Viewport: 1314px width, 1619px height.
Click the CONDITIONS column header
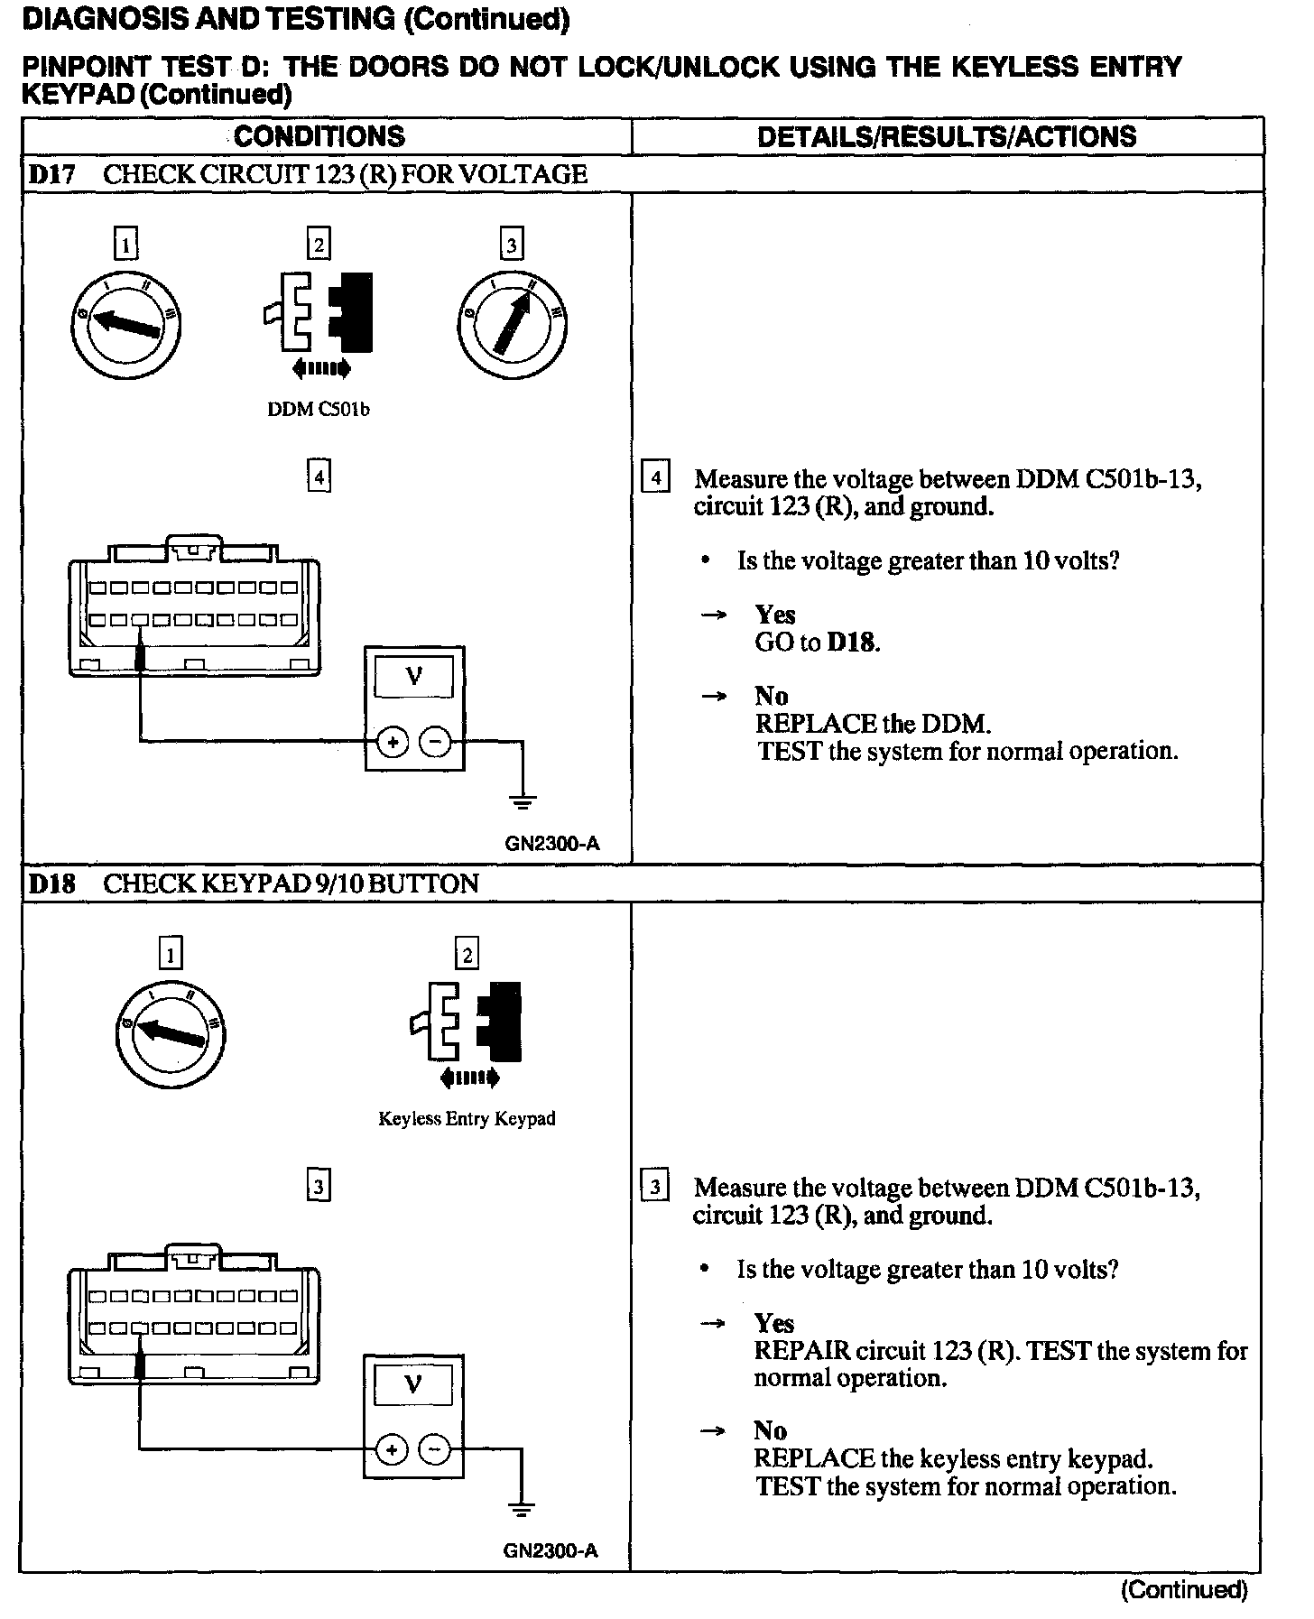319,136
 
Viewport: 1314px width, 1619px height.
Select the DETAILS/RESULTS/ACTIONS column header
947,136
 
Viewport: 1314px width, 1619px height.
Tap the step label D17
51,174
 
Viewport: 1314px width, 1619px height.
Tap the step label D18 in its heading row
51,884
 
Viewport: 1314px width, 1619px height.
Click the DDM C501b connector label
319,409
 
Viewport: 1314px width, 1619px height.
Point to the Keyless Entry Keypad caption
467,1119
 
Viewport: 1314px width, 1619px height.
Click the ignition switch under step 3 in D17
512,323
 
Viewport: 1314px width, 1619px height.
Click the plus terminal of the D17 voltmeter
393,742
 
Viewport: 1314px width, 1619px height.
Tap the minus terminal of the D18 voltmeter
435,1450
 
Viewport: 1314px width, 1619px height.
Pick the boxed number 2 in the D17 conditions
318,245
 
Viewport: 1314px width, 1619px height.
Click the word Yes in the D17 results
775,615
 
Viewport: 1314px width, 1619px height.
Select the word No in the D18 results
771,1430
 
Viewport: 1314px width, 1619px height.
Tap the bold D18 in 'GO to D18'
852,643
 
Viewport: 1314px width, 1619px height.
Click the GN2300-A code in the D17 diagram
552,844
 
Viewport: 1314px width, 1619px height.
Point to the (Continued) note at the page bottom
1183,1589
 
